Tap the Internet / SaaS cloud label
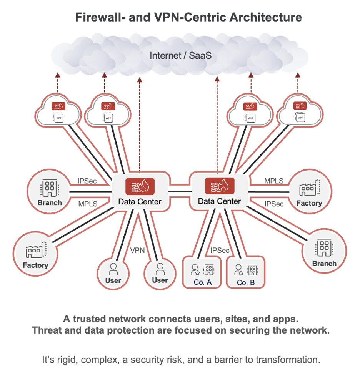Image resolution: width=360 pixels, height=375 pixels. pyautogui.click(x=180, y=55)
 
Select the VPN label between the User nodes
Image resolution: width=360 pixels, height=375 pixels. pyautogui.click(x=137, y=250)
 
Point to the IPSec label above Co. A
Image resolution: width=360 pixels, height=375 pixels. pyautogui.click(x=220, y=250)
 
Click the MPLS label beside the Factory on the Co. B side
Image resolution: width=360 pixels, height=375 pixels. pyautogui.click(x=273, y=181)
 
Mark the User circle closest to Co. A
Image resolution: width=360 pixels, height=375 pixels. pyautogui.click(x=160, y=272)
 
